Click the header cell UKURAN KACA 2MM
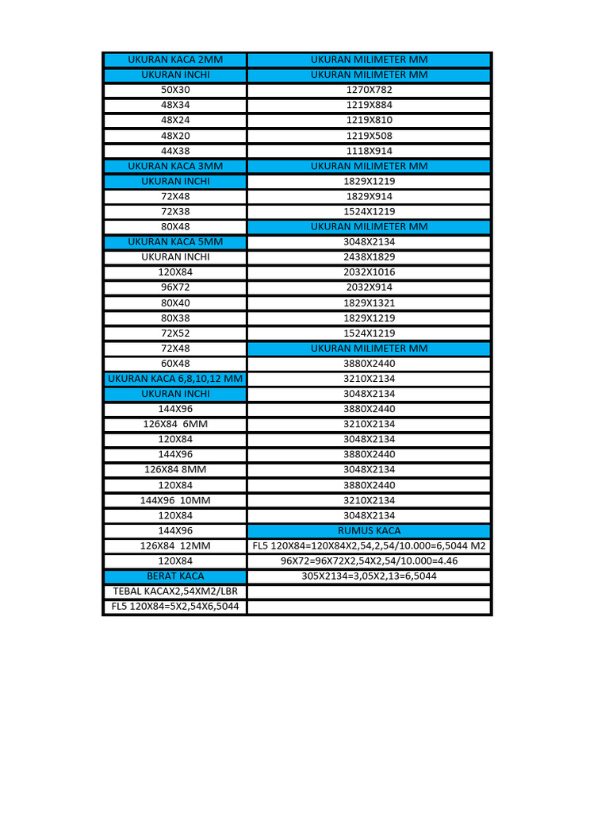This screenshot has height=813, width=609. point(175,60)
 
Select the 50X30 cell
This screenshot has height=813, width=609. point(175,90)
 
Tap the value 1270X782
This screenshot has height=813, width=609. point(369,90)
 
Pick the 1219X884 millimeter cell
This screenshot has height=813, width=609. point(369,105)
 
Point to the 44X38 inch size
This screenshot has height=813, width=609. point(175,151)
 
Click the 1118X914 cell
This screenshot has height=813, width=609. point(369,151)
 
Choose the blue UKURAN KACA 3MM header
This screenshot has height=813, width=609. point(175,166)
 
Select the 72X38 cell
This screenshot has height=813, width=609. point(175,211)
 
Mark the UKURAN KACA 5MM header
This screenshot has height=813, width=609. point(175,241)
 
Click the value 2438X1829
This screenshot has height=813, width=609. point(369,257)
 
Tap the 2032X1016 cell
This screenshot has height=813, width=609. point(369,272)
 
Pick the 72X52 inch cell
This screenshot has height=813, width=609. point(175,333)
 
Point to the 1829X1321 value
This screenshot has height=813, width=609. point(369,302)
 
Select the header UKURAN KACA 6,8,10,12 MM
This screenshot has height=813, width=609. point(175,379)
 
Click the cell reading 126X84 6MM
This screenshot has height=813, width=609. point(175,424)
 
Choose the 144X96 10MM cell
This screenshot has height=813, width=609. point(175,500)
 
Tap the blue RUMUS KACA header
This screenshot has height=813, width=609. point(369,530)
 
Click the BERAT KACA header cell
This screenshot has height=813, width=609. point(175,576)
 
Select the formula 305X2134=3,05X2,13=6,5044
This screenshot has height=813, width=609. point(369,576)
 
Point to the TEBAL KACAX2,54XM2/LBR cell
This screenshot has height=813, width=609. point(175,591)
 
